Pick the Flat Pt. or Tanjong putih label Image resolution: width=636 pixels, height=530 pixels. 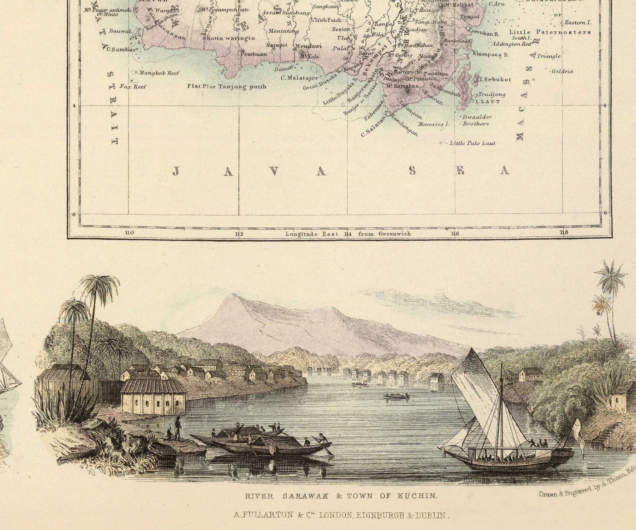(226, 86)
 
